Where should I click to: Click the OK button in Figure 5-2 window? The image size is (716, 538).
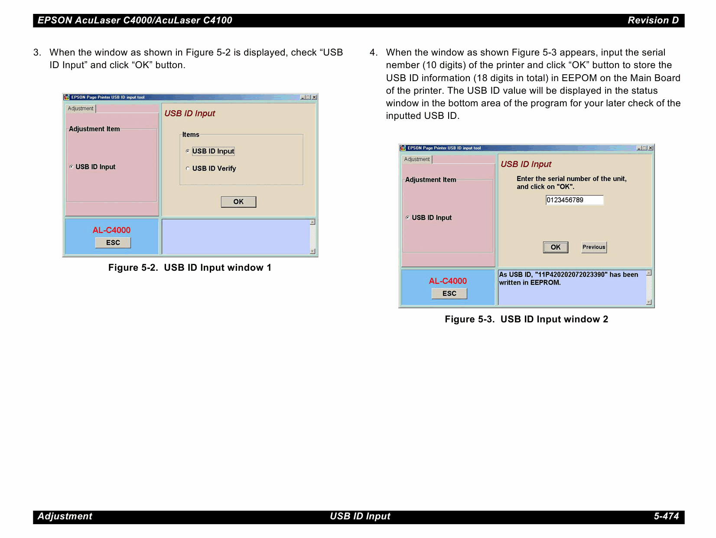(238, 202)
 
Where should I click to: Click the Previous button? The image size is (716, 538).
(594, 247)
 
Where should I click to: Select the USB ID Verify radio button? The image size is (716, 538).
(188, 168)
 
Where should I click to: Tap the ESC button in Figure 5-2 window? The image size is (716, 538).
(113, 243)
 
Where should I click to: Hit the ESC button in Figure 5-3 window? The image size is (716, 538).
(449, 293)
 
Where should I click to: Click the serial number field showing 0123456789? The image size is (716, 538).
(574, 200)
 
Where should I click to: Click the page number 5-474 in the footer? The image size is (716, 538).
(666, 516)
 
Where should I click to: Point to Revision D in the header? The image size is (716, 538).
(653, 20)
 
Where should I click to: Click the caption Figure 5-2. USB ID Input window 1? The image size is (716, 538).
(190, 268)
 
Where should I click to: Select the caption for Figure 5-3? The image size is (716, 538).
(527, 319)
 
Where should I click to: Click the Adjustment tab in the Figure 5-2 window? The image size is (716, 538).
(80, 108)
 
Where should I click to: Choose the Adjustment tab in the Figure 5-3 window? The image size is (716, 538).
(417, 159)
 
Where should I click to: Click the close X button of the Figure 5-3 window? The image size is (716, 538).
(651, 148)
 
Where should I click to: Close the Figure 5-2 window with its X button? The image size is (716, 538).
(314, 97)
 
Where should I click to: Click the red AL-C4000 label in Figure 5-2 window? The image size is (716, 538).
(111, 230)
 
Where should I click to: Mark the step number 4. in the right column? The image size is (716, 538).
(374, 52)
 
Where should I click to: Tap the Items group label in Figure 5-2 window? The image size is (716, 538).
(191, 134)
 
